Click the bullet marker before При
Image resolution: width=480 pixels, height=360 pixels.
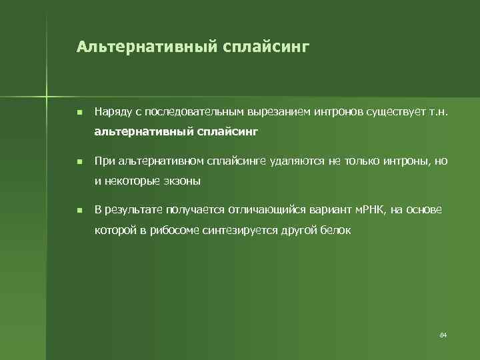[x=79, y=161]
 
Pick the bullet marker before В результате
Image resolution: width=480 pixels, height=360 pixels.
[x=79, y=211]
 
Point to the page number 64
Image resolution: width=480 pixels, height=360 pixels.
[x=443, y=333]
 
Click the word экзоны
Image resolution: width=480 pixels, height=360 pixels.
[x=183, y=181]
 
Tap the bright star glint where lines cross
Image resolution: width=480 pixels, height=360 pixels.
[x=47, y=93]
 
